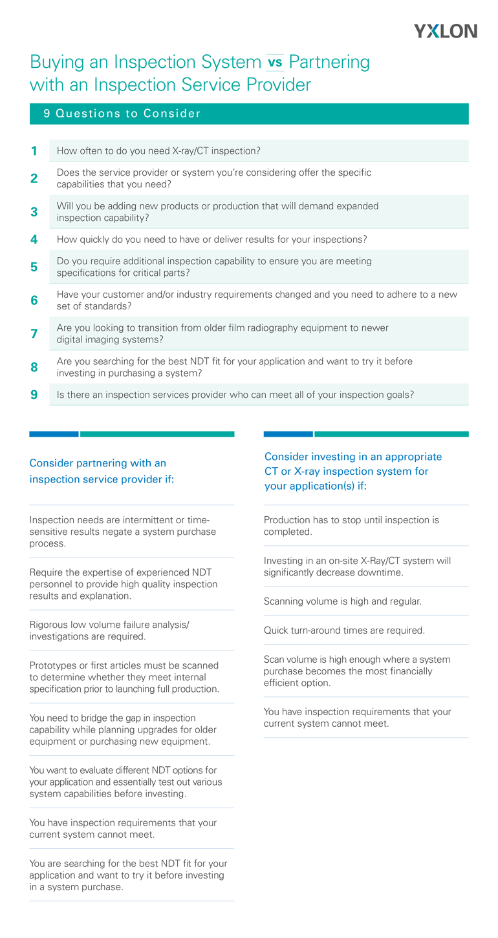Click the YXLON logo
coord(445,30)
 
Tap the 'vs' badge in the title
coord(275,63)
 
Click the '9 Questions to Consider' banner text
coord(122,114)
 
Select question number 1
coord(34,151)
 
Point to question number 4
coord(34,240)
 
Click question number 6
coord(34,300)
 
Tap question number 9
coord(34,394)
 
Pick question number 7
coord(34,334)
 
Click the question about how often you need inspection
coord(158,151)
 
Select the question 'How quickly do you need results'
coord(211,240)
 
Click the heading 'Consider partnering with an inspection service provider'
coord(102,472)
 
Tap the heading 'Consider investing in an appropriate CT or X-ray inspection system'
coord(352,472)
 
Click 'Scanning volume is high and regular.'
coord(342,601)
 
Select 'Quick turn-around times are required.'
coord(344,631)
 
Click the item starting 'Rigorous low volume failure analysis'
coord(109,631)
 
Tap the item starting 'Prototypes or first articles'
coord(124,677)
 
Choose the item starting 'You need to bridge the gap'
coord(120,729)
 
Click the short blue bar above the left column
coord(54,434)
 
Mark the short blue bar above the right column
coord(288,434)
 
